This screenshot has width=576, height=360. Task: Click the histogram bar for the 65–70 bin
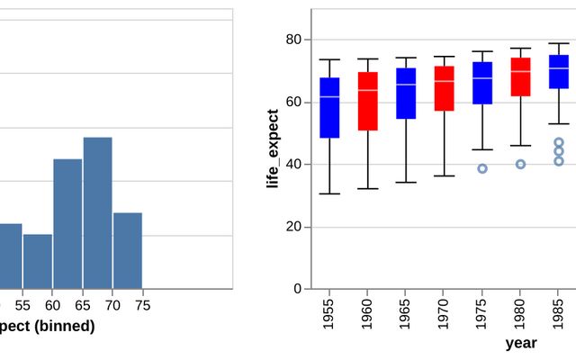coord(97,212)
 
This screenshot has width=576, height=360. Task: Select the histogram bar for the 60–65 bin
coord(67,223)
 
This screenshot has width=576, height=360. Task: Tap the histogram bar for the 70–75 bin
coord(128,250)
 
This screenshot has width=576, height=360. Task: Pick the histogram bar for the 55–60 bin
coord(38,261)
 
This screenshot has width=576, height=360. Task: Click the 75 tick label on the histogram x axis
coord(142,305)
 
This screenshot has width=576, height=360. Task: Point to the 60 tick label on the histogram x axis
coord(53,305)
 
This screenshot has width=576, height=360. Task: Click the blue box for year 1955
coord(329,107)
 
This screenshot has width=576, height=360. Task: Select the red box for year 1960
coord(367,101)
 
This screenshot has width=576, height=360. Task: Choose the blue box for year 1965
coord(406,93)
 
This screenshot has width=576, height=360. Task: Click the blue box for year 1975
coord(482,83)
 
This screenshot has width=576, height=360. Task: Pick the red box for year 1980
coord(520,78)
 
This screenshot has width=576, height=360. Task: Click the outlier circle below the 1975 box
coord(482,168)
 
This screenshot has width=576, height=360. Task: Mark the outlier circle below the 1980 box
coord(520,164)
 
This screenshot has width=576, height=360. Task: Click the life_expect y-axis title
coord(272,149)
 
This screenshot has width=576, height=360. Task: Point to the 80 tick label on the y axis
coord(293,40)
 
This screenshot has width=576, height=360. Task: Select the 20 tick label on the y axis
coord(293,227)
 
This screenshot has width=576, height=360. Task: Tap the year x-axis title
coord(520,343)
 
